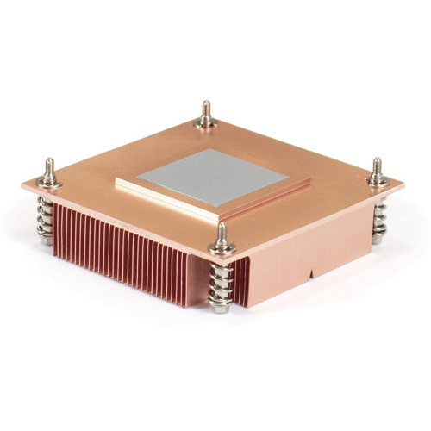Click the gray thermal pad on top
(x=211, y=178)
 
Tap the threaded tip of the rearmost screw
(x=205, y=109)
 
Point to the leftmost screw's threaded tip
(x=49, y=166)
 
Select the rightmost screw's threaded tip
(x=377, y=166)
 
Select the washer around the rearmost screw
(x=205, y=123)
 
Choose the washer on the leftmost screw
(x=49, y=180)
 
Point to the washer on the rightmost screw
(x=377, y=180)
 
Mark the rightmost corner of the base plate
(x=403, y=183)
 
